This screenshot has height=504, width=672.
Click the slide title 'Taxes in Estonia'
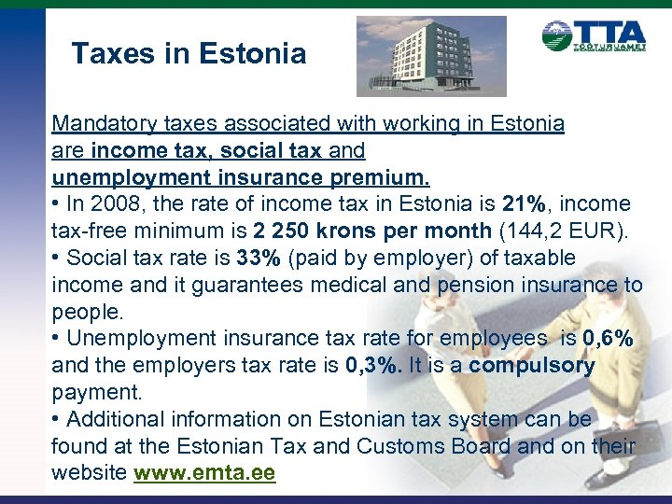[189, 53]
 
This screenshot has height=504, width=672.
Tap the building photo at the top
[431, 56]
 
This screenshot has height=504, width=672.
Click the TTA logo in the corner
[594, 38]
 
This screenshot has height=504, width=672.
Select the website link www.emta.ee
[204, 473]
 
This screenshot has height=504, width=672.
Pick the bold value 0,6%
[609, 338]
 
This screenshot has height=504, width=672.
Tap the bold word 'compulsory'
[532, 365]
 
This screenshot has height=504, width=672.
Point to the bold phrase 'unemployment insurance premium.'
[241, 176]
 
